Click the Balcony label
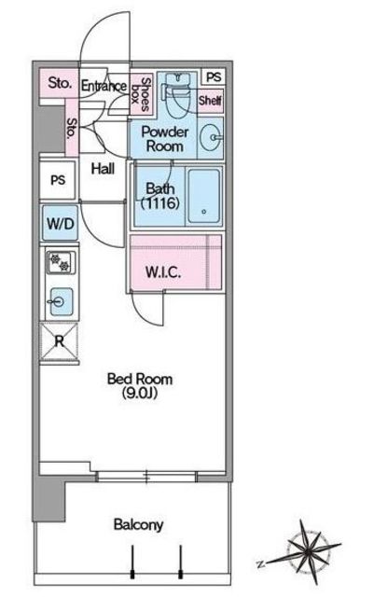[x=138, y=524]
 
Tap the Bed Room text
[x=139, y=379]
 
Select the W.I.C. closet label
[x=163, y=271]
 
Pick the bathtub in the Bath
[x=204, y=196]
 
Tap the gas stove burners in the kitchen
[x=61, y=262]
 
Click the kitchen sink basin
[x=62, y=302]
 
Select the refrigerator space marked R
[x=60, y=341]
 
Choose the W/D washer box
[x=61, y=223]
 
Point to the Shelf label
[x=210, y=101]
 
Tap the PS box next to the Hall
[x=58, y=180]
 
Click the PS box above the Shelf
[x=214, y=77]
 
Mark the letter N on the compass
[x=260, y=563]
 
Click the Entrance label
[x=104, y=86]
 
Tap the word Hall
[x=103, y=168]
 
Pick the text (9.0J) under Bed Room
[x=140, y=393]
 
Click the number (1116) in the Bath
[x=160, y=203]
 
